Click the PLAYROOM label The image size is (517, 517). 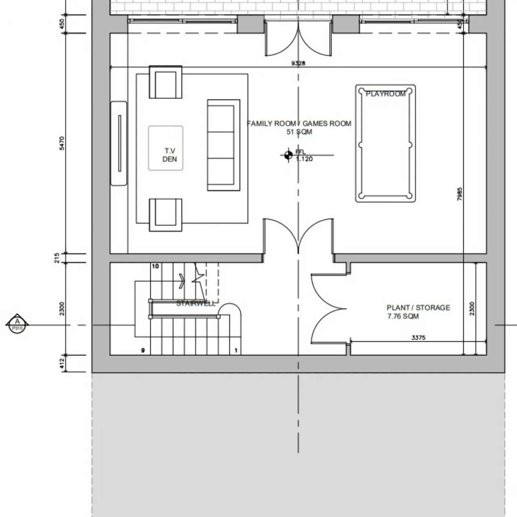pos(385,94)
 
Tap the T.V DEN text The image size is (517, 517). pos(170,155)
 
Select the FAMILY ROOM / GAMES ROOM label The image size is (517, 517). pos(299,124)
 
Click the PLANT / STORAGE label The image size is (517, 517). pos(418,308)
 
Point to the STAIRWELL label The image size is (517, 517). pos(196,304)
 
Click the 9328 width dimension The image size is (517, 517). pos(298,63)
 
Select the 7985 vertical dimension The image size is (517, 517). pos(460,194)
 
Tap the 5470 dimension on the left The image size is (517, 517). pos(62,143)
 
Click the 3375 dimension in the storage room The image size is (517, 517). pos(418,338)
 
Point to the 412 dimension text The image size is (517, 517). pos(62,363)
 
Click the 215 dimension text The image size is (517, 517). pos(57,258)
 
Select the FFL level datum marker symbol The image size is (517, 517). pos(288,155)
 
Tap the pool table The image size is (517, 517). pos(385,143)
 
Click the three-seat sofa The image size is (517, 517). pos(223,145)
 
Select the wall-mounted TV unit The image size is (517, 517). pos(119,143)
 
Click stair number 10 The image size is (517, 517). pos(156,267)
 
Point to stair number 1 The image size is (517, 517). pos(236,351)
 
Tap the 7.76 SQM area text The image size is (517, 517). pos(403,316)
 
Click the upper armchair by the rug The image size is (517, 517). pos(166,82)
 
